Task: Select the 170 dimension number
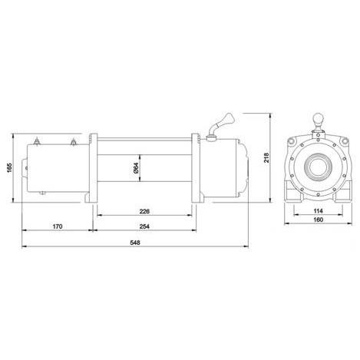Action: [57, 227]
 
